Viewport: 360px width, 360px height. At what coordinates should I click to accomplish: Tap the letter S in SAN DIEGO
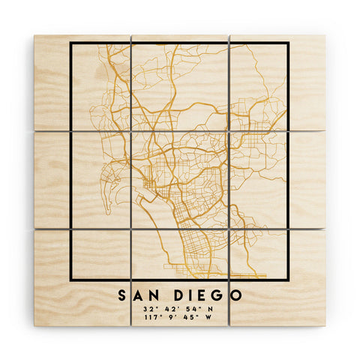point(121,295)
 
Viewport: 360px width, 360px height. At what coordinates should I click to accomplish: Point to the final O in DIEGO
point(237,295)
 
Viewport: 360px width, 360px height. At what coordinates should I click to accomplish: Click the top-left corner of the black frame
point(70,43)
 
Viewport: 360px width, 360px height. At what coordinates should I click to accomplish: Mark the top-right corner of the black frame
point(289,43)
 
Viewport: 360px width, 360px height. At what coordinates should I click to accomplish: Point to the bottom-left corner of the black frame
point(70,280)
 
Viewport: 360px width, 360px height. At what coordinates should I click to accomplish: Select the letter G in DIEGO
point(220,295)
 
